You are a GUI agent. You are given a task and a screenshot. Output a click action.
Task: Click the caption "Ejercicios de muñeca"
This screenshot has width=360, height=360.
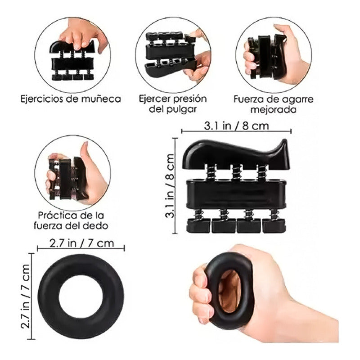(71, 99)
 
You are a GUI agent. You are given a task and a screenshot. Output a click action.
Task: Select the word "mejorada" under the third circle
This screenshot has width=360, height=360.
(273, 109)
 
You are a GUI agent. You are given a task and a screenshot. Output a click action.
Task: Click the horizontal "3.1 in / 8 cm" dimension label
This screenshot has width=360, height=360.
(236, 126)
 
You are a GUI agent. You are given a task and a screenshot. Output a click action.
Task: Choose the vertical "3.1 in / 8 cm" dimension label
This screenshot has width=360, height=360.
(170, 186)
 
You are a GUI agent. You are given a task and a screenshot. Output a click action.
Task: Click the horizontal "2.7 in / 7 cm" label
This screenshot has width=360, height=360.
(81, 243)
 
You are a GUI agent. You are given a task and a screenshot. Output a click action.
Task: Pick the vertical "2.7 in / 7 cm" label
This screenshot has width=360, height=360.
(25, 297)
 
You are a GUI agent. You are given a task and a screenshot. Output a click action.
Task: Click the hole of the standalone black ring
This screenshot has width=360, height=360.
(81, 296)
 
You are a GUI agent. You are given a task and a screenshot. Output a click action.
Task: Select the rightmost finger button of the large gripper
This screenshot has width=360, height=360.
(274, 225)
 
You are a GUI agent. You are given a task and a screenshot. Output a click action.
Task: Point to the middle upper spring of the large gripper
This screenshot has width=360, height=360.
(237, 171)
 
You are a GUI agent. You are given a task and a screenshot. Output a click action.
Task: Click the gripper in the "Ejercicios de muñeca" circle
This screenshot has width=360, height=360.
(72, 60)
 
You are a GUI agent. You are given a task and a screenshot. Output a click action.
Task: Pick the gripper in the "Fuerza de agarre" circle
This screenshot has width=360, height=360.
(267, 57)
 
